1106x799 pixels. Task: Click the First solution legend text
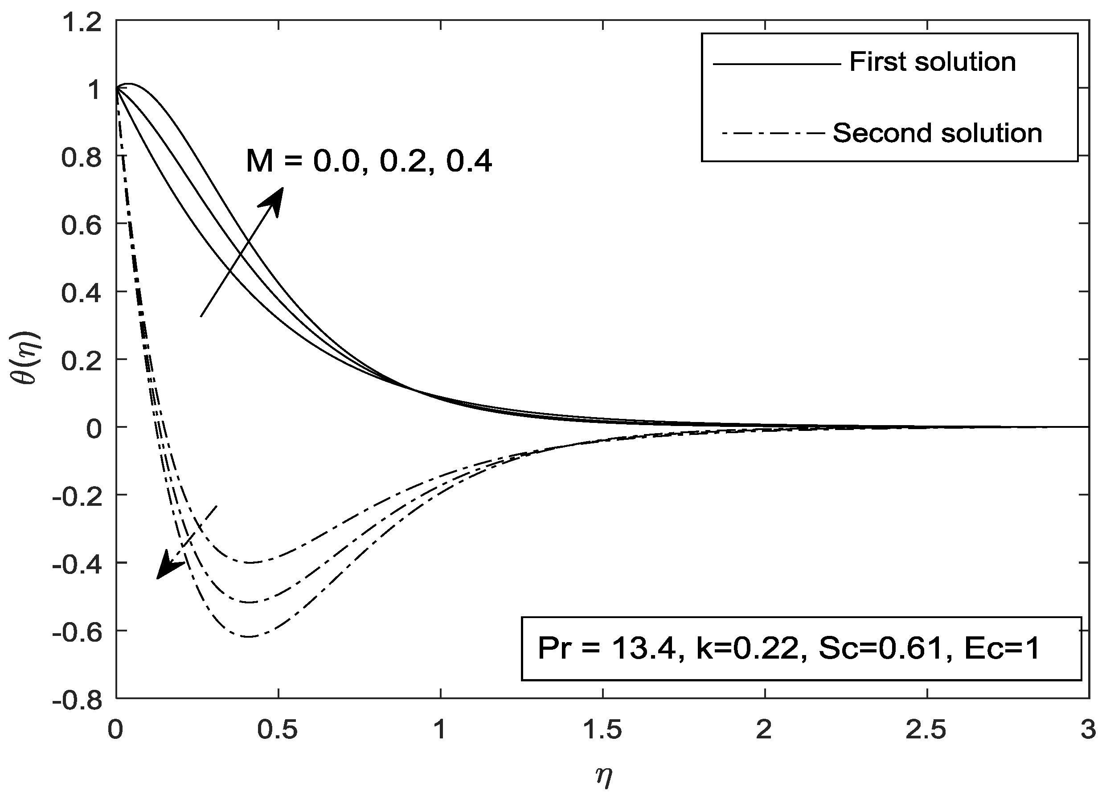tap(932, 62)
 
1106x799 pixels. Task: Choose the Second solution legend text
tap(937, 133)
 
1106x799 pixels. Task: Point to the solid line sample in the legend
tap(777, 64)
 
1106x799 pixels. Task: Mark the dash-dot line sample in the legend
tap(773, 133)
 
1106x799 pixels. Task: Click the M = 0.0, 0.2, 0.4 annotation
tap(369, 161)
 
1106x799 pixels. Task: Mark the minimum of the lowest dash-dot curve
tap(249, 636)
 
